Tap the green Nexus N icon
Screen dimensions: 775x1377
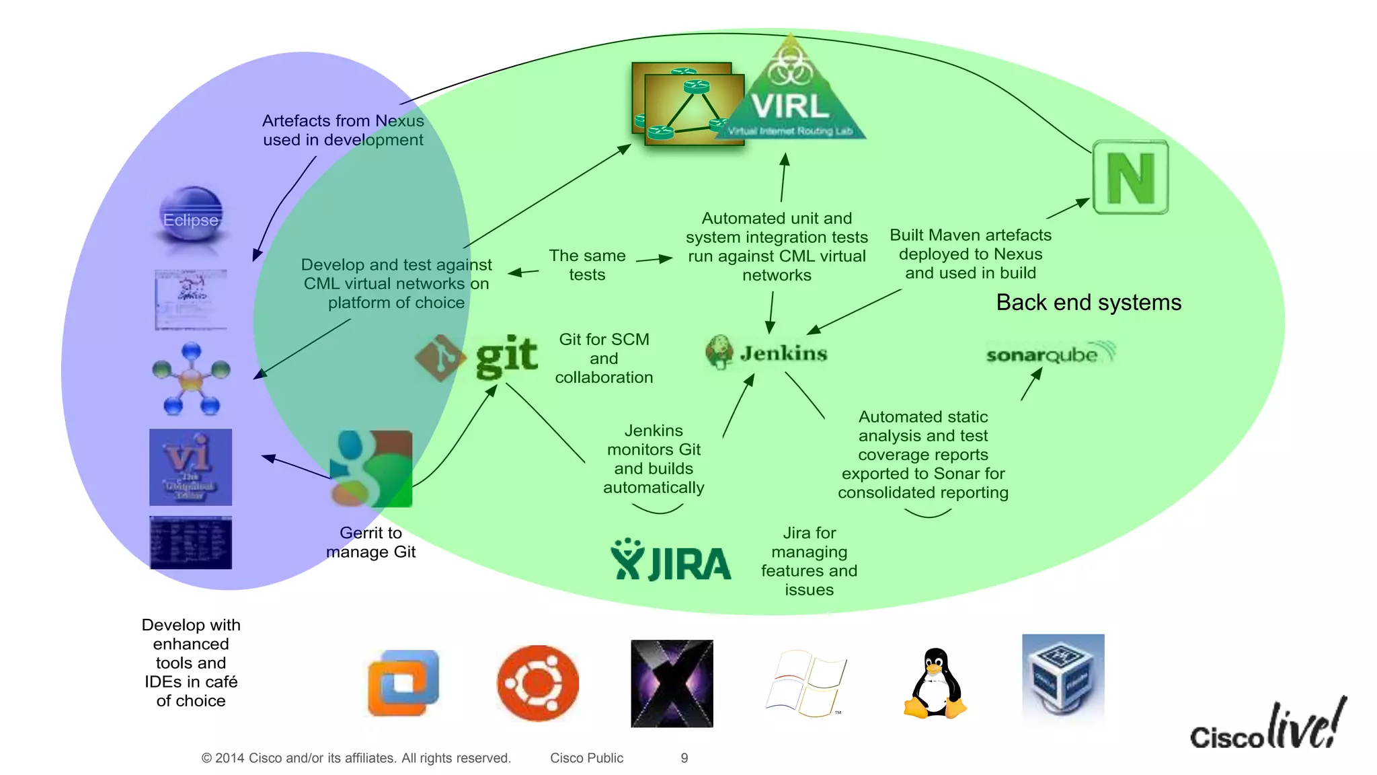click(x=1130, y=178)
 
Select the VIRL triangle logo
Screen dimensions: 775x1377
click(x=791, y=98)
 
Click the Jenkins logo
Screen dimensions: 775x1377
click(x=766, y=353)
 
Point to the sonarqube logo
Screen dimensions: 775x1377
click(x=1049, y=353)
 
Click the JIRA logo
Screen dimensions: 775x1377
click(x=670, y=560)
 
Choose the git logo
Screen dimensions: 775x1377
click(x=477, y=357)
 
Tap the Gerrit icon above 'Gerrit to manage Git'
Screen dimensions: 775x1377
click(x=371, y=469)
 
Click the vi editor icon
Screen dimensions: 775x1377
click(x=190, y=467)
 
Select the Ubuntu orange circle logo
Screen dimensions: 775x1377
click(x=538, y=683)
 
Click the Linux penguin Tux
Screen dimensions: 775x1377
click(x=935, y=684)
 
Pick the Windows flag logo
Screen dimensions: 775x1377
click(x=805, y=684)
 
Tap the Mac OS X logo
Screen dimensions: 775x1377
click(x=672, y=684)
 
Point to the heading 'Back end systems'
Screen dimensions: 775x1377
click(x=1088, y=303)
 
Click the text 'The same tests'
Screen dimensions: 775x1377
click(x=587, y=265)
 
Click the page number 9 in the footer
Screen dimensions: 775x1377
click(x=684, y=758)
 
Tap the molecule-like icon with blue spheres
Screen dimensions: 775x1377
click(x=191, y=379)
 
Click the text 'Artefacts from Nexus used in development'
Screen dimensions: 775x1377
click(x=343, y=131)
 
